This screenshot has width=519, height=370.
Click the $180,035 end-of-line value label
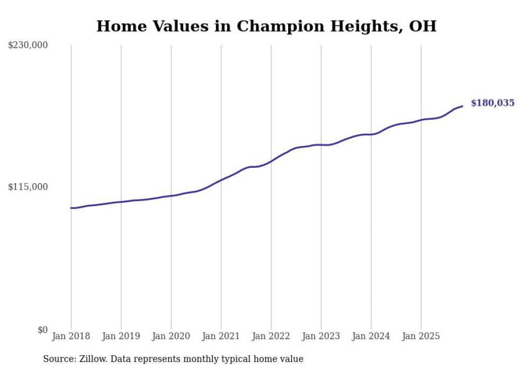(492, 103)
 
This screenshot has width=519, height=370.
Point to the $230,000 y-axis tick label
(28, 46)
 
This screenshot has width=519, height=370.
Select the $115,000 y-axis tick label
(28, 187)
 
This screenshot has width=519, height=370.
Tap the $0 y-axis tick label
(42, 330)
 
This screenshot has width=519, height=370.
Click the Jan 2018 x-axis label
(71, 336)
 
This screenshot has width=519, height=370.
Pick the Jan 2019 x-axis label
(121, 336)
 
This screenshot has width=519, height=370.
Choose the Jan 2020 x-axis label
(171, 336)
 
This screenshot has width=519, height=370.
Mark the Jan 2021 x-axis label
(221, 336)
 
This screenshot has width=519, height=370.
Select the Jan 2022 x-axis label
(271, 336)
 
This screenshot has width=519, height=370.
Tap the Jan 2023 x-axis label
(321, 336)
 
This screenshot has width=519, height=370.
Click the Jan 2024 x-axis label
(371, 336)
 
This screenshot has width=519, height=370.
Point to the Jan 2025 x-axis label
(421, 336)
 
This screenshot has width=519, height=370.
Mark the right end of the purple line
(462, 106)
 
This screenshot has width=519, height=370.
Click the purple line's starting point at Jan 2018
(71, 208)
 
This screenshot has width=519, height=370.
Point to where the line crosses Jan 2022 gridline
(271, 161)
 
